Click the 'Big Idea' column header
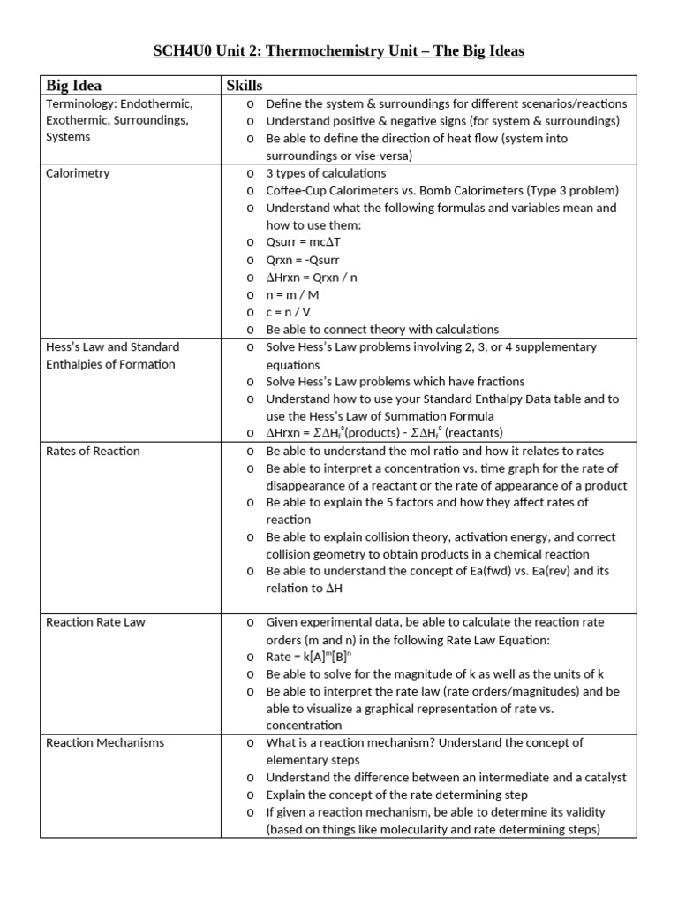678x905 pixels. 73,86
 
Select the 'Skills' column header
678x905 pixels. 245,86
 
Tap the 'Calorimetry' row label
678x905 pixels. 78,173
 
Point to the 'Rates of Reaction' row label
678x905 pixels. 93,451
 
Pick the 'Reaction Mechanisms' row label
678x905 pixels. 105,742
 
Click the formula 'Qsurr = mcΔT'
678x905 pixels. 306,242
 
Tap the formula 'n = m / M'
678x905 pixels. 293,294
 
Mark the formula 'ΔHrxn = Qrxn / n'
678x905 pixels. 312,278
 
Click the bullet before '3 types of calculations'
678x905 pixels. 251,173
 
